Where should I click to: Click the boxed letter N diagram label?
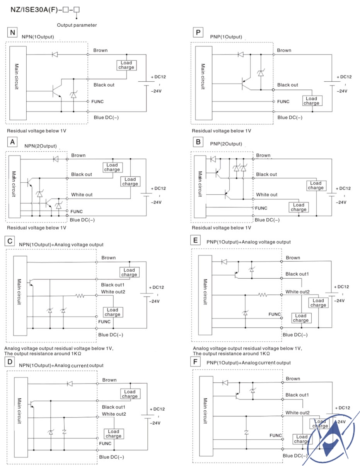[x=13, y=33]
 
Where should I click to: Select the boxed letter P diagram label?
[x=198, y=33]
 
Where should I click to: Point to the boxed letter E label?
[x=196, y=241]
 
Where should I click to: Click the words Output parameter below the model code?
[x=77, y=25]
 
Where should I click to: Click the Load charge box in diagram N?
[x=126, y=65]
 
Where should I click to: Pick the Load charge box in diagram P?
[x=311, y=101]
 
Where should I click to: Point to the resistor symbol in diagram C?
[x=80, y=296]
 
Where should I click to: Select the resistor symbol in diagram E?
[x=263, y=295]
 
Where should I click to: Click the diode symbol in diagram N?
[x=55, y=54]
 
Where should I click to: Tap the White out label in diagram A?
[x=82, y=195]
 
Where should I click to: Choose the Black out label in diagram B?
[x=267, y=175]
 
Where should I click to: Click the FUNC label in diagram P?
[x=283, y=101]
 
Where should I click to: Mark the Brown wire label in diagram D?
[x=109, y=380]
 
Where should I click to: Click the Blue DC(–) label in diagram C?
[x=113, y=335]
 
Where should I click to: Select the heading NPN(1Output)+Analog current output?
[x=61, y=365]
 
